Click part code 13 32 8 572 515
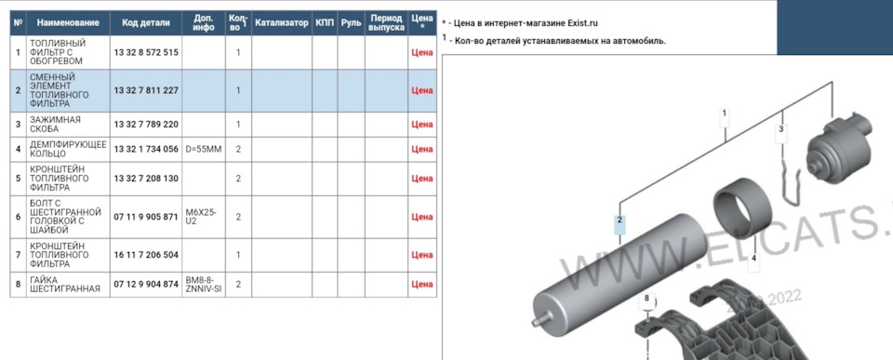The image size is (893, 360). [146, 52]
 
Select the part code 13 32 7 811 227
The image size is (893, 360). [146, 90]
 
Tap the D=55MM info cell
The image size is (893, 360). [204, 149]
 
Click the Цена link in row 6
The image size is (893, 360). [422, 217]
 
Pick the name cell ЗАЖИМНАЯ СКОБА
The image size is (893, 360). [55, 124]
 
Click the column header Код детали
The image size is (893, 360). [146, 22]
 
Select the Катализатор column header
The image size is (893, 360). [281, 22]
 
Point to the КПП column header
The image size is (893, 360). [325, 22]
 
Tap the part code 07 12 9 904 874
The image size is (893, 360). [146, 285]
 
